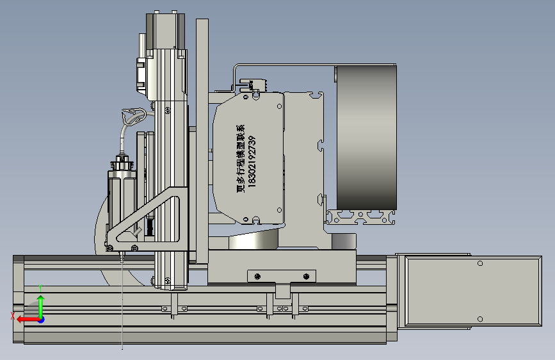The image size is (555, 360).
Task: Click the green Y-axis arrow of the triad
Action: (41, 306)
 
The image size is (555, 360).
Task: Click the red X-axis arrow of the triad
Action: (28, 320)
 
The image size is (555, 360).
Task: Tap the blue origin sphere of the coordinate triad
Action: (41, 320)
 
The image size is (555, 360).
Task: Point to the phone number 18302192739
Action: (252, 161)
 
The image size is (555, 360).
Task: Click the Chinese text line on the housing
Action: (241, 158)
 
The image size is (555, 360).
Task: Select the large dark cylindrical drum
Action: (366, 138)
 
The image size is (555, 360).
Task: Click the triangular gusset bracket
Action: (146, 219)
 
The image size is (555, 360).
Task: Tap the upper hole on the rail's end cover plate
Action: (480, 263)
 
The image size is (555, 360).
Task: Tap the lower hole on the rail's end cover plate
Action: (480, 319)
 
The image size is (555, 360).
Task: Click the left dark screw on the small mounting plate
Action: (257, 276)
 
